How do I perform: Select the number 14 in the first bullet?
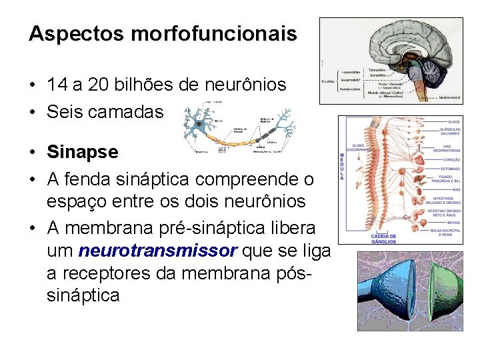click(x=57, y=85)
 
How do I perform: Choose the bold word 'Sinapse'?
click(x=82, y=152)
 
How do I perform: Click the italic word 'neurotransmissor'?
click(x=157, y=251)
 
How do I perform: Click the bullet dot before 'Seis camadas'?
click(x=32, y=113)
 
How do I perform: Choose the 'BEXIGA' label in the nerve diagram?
click(x=452, y=224)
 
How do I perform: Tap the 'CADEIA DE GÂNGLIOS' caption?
click(x=383, y=238)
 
